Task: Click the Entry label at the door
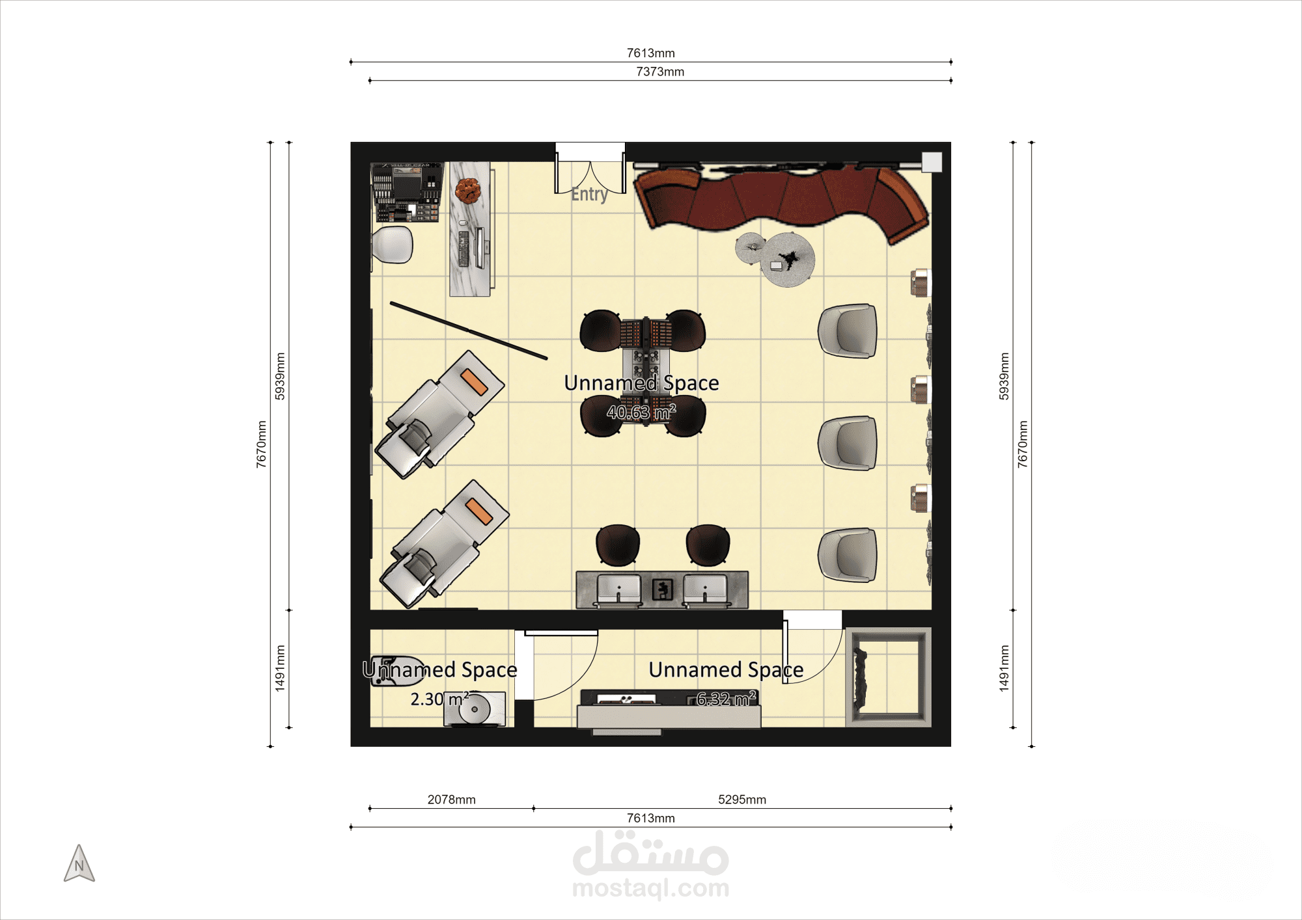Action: tap(590, 195)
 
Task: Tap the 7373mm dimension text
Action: tap(660, 72)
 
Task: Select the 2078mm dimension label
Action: tap(451, 799)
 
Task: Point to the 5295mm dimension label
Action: tap(742, 799)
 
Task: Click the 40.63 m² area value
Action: tap(641, 412)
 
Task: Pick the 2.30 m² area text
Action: tap(439, 699)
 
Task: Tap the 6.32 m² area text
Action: tap(726, 699)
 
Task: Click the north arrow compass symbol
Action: tap(79, 863)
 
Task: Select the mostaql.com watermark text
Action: tap(650, 887)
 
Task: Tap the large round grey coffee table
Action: tap(788, 260)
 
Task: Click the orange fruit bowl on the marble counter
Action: tap(467, 191)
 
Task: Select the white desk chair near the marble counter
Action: tap(393, 245)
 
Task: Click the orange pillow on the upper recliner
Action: tap(474, 382)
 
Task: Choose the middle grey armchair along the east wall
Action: tap(848, 443)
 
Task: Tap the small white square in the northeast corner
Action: tap(932, 162)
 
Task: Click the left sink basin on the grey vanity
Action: tap(618, 589)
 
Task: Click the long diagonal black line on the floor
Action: tap(469, 331)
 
